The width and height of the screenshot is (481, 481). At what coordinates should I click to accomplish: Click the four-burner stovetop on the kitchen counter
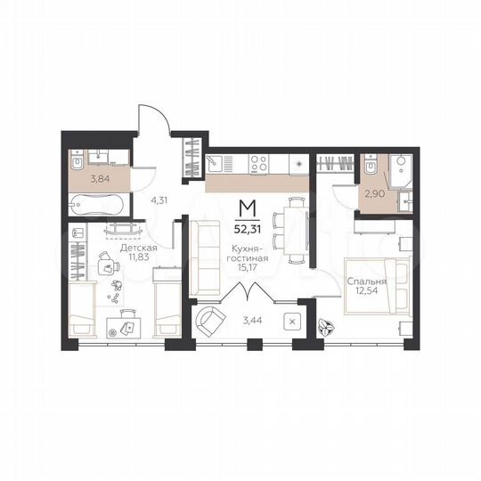click(258, 163)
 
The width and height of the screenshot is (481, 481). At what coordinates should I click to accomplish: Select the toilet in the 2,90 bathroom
click(371, 166)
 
